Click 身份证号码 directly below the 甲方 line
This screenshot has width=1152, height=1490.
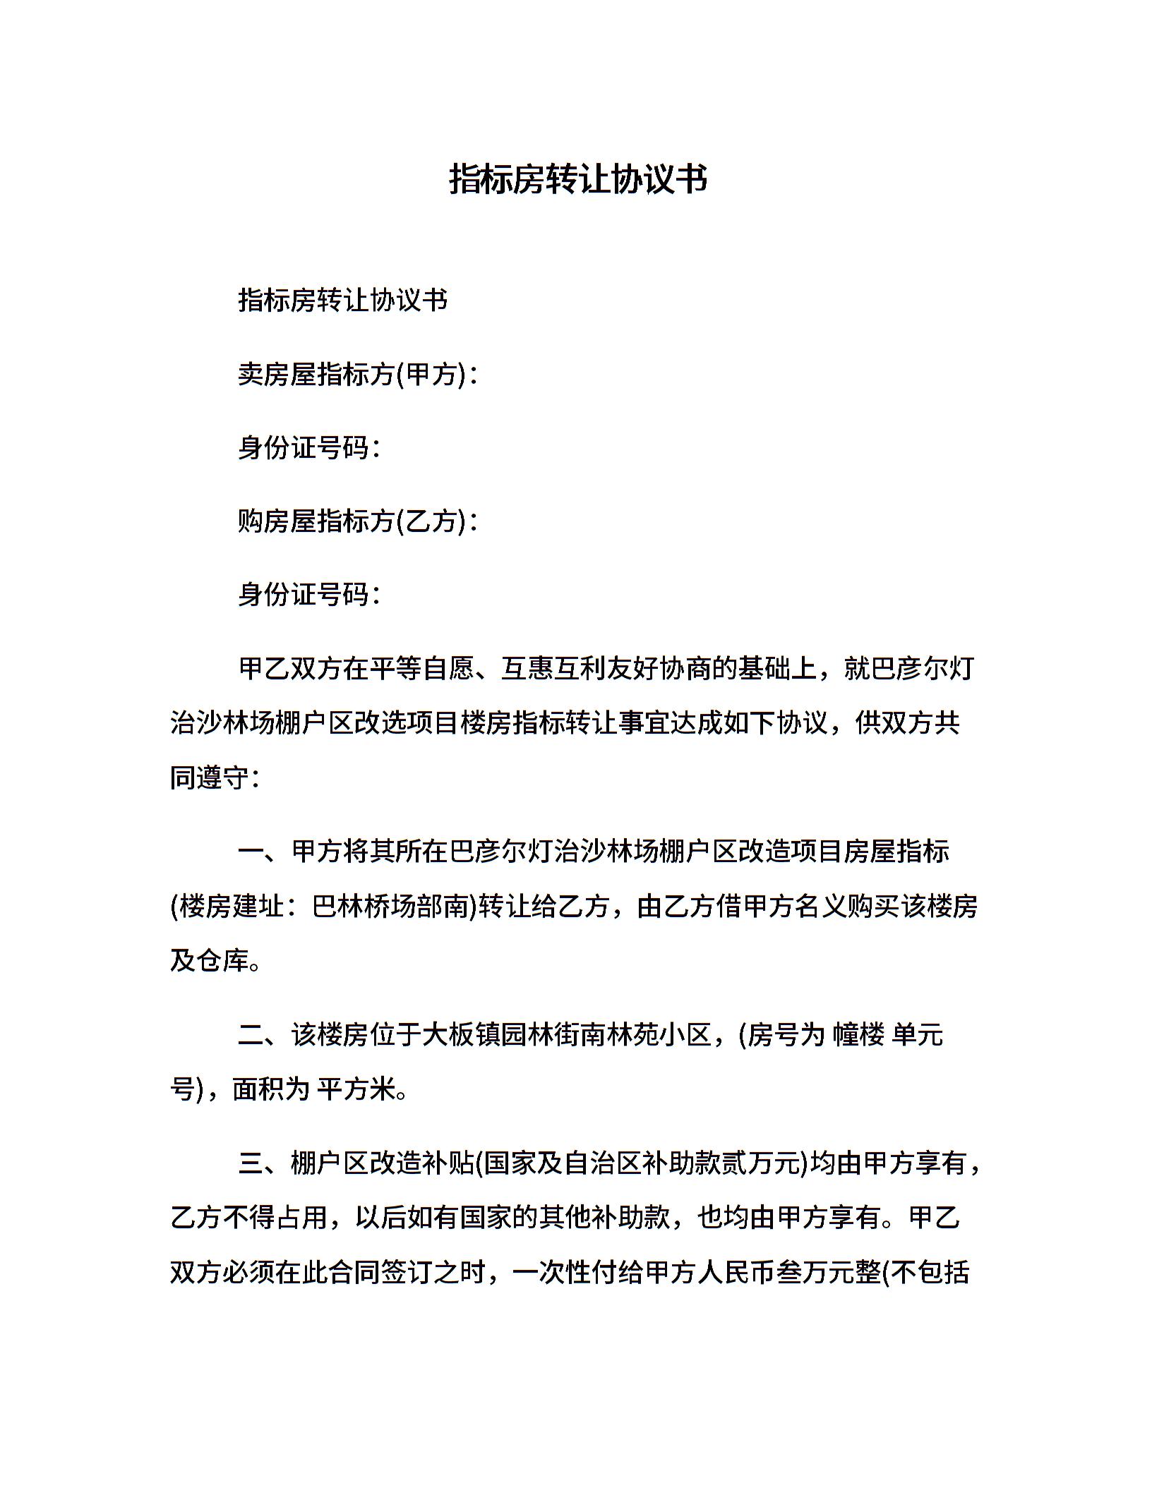[308, 448]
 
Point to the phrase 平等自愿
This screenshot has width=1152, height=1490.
[421, 668]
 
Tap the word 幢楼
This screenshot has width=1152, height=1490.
[858, 1035]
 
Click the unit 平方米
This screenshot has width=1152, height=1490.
[356, 1090]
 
